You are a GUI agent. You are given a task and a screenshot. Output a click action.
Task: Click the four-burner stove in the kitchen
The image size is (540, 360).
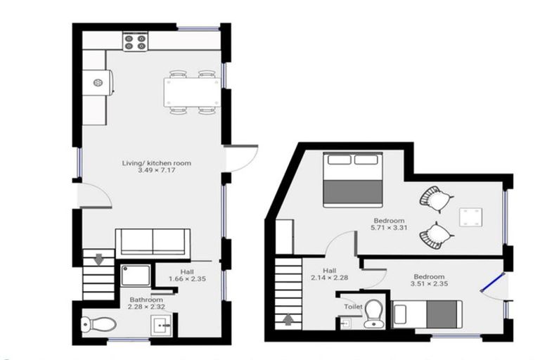tap(135, 41)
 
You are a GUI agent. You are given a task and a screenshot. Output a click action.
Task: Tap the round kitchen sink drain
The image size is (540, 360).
tap(98, 83)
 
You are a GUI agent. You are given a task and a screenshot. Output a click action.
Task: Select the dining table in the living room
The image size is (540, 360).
tap(192, 92)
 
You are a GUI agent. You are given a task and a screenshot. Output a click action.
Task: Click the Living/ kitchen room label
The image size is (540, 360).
tap(157, 163)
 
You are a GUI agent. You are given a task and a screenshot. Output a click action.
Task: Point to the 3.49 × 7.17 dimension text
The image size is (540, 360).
tap(157, 170)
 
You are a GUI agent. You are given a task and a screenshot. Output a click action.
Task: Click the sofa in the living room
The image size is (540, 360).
tap(153, 243)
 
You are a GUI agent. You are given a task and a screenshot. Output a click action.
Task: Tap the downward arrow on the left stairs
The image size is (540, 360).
tap(99, 259)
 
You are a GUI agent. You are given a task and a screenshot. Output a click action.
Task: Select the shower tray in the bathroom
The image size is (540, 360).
tap(136, 275)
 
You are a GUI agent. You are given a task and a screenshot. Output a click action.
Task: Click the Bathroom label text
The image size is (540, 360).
tap(146, 300)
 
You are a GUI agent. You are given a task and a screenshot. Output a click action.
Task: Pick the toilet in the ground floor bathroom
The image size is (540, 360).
tap(99, 324)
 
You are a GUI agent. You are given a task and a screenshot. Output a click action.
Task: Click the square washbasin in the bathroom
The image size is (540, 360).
tap(161, 326)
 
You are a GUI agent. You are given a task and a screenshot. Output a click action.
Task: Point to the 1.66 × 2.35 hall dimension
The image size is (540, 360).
tap(187, 278)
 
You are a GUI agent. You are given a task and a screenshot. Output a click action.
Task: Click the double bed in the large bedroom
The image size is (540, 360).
tap(353, 179)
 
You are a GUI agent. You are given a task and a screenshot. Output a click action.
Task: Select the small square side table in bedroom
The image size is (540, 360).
tap(471, 217)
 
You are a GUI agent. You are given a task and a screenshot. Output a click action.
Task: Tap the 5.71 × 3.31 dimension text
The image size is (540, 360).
tap(389, 227)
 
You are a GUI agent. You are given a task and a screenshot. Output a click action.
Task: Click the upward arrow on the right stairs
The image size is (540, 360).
tap(288, 320)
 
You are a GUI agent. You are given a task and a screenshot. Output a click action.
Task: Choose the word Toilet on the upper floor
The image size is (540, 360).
tap(354, 307)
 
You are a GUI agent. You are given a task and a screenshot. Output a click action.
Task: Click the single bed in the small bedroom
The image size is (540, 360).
tap(427, 314)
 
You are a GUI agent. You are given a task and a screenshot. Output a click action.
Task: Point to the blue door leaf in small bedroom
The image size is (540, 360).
tap(493, 283)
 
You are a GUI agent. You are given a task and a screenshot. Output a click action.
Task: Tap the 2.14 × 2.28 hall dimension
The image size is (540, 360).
tap(330, 278)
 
